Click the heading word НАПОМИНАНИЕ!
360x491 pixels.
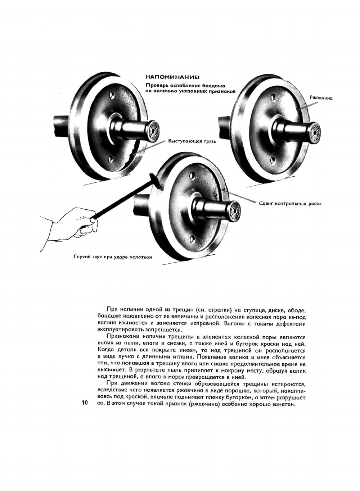point(172,77)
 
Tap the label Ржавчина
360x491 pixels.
point(321,98)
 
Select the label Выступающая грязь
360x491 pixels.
point(192,141)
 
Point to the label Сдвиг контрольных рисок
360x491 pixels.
point(290,204)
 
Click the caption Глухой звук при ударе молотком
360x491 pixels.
point(113,257)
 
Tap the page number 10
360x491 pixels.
point(85,403)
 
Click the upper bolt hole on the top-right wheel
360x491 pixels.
point(274,97)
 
